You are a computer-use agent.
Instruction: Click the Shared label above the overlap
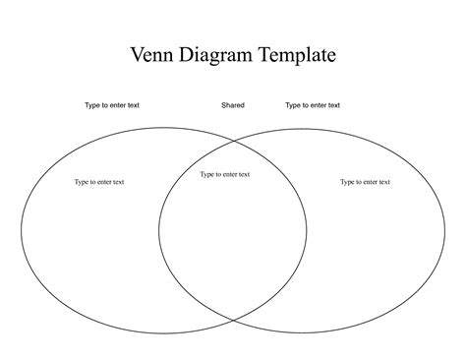click(233, 105)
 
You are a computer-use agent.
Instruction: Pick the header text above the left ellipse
click(112, 105)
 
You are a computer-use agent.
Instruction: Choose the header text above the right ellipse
click(313, 105)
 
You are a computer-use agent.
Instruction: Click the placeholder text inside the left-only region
click(99, 182)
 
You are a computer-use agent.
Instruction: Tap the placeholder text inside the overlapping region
click(225, 175)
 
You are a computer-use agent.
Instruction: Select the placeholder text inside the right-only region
click(366, 182)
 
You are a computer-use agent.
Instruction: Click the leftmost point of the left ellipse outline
click(22, 232)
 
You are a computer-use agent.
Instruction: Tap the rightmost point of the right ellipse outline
click(445, 232)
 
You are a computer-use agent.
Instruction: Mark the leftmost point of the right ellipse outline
click(158, 232)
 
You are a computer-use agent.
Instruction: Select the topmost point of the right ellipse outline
click(302, 129)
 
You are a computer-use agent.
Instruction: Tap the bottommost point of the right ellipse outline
click(302, 334)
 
